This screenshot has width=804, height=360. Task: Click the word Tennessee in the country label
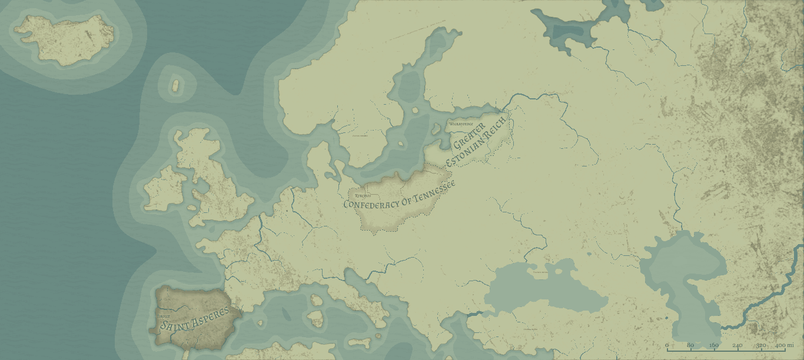point(435,193)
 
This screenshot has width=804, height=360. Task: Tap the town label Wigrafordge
point(461,124)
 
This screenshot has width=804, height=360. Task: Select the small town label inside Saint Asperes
point(164,316)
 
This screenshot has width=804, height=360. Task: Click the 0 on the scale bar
point(667,344)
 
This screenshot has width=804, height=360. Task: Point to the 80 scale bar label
point(690,344)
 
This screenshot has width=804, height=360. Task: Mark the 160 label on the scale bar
point(714,344)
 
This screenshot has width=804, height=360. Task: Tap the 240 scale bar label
point(737,344)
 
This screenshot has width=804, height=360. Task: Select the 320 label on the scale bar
point(761,344)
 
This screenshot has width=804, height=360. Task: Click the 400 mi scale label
point(785,344)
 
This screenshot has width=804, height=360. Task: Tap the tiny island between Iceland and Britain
point(174,86)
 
